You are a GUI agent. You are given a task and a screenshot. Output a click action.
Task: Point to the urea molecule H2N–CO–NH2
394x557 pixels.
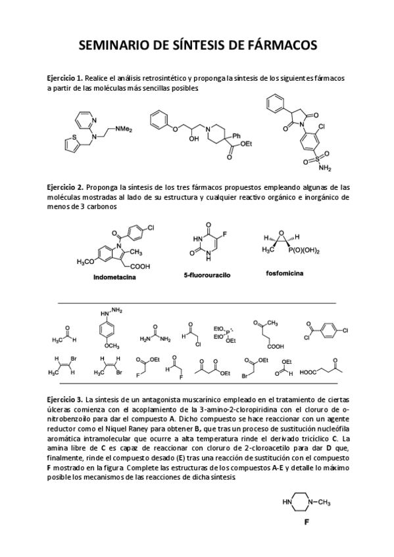tap(155, 334)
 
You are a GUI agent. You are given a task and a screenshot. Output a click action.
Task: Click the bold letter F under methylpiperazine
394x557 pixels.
tap(307, 524)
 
